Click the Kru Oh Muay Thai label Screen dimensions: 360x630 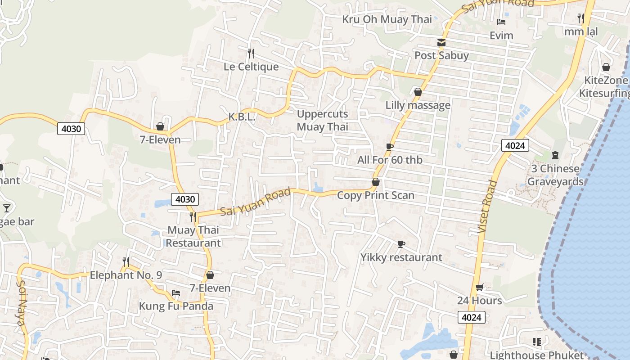[387, 19]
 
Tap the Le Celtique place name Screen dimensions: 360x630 [251, 67]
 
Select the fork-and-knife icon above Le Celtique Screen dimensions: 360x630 [251, 54]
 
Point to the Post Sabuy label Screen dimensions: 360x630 [441, 55]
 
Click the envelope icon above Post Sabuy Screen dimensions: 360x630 [441, 43]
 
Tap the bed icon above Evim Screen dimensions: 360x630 [501, 22]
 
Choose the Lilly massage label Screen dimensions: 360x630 [418, 105]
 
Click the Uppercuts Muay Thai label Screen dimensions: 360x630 [322, 120]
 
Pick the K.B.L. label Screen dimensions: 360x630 [242, 117]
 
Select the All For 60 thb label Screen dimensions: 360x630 [390, 160]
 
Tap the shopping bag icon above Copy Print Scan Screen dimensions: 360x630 [376, 182]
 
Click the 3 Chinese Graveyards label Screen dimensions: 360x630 [555, 175]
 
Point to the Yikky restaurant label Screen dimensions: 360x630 [401, 257]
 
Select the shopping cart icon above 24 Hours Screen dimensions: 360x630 [480, 288]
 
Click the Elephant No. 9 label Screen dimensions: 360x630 [126, 275]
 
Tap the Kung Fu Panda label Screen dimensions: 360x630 [176, 306]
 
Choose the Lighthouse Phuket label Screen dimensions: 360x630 [536, 355]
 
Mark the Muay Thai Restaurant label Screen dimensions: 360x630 [193, 236]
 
